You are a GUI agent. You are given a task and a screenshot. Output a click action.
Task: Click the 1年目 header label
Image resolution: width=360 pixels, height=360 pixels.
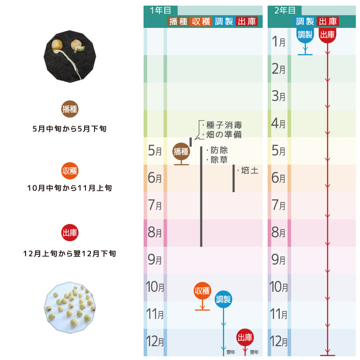pos(161,10)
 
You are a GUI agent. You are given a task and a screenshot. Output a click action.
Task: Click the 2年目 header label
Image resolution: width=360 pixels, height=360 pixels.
pos(285,10)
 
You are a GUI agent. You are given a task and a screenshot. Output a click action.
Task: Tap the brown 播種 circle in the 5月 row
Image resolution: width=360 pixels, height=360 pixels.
pos(181,151)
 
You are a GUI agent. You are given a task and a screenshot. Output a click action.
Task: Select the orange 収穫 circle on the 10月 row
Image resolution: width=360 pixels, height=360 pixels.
pos(202,291)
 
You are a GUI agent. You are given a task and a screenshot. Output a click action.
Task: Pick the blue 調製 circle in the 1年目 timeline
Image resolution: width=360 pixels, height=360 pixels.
pos(223,299)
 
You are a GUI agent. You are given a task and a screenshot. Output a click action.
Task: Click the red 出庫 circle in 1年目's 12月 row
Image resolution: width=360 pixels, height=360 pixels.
pos(245,337)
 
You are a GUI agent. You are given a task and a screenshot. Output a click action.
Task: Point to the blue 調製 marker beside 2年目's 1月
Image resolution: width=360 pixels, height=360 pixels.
pos(305,35)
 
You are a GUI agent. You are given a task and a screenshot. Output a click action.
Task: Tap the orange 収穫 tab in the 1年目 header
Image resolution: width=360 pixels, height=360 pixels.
pos(201,22)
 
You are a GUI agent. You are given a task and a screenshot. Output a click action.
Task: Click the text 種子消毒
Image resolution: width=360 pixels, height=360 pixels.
pos(224,125)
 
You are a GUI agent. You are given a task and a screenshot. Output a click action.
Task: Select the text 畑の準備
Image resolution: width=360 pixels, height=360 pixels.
pos(224,135)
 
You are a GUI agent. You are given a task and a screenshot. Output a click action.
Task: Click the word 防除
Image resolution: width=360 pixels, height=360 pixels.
pos(219,150)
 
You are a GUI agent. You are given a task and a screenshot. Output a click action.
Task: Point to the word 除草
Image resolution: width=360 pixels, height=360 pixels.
pos(219,160)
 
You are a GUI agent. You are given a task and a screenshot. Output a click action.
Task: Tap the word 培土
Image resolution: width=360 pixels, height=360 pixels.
pos(250,171)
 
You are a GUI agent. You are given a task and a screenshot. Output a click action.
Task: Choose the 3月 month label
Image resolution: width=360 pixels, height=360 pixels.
pos(278,96)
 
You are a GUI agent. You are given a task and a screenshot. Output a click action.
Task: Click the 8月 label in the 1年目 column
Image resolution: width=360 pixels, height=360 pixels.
pos(155,232)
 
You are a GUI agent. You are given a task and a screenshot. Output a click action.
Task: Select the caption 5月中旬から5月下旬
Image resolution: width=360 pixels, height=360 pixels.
pos(70,129)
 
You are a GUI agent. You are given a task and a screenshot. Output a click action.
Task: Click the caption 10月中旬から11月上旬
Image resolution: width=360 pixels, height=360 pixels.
pos(70,188)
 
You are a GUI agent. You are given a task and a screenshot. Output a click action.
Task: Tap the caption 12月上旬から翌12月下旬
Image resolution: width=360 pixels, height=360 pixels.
pos(70,254)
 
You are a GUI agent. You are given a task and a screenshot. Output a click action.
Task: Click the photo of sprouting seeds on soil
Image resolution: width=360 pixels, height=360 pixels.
pos(70,57)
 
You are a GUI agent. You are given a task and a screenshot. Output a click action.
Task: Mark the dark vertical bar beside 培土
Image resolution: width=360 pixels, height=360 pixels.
pos(234,178)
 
